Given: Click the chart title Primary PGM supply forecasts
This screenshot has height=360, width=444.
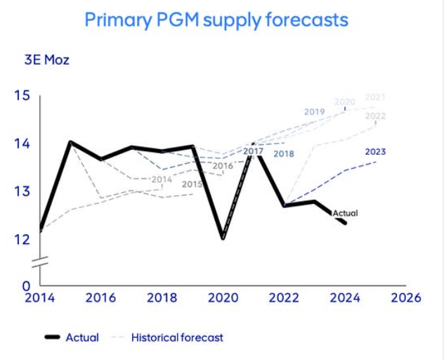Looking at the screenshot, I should coord(216,19).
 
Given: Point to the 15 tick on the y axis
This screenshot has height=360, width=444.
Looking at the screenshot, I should coord(22,96).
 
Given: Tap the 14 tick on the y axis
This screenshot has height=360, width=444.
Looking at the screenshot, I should coord(22,143).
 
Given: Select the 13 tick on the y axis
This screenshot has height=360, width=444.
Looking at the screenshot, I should coord(22,191).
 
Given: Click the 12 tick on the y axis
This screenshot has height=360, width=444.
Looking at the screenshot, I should coord(22,239).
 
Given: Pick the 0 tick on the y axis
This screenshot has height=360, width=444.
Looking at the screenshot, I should coord(26,286).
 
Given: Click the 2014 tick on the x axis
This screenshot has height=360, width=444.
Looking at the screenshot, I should coord(39,297).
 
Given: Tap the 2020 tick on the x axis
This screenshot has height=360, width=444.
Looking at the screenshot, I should coord(223,297).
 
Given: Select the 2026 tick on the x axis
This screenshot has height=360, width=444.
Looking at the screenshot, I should coord(405,297).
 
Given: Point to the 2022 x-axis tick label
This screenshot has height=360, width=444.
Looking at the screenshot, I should coord(284,297).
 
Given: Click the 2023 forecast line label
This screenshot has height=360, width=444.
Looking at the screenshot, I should coord(375,151).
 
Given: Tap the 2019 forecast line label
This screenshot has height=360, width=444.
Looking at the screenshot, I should coord(314,112).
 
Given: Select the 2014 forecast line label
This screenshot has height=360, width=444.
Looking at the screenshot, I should coord(162,179).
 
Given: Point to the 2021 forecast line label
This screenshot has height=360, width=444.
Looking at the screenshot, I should coord(375,96).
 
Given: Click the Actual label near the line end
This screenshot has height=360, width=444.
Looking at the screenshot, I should coord(346,212).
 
